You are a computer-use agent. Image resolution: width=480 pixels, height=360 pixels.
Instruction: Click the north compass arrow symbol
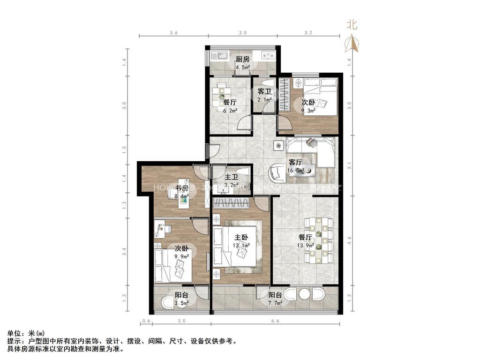coord(352,43)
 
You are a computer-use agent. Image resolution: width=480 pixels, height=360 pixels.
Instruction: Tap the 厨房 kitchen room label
coord(242,59)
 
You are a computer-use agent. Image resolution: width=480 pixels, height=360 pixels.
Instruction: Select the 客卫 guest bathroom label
coord(265,92)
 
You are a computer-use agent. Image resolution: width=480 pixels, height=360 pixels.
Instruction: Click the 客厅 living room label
coord(295,162)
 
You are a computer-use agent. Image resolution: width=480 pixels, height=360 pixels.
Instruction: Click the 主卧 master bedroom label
coord(242,237)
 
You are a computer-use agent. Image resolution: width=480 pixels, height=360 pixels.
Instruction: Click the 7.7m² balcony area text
coord(276,303)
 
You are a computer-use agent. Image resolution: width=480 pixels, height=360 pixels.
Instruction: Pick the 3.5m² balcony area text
coord(182,303)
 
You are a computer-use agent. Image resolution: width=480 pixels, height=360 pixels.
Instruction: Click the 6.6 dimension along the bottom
coord(276,321)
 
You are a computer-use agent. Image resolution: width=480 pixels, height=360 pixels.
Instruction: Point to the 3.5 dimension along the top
coord(242,33)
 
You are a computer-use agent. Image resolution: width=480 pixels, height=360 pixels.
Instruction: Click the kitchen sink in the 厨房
coord(219,57)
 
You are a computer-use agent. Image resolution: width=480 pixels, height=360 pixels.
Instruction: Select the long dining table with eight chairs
coord(319,240)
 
